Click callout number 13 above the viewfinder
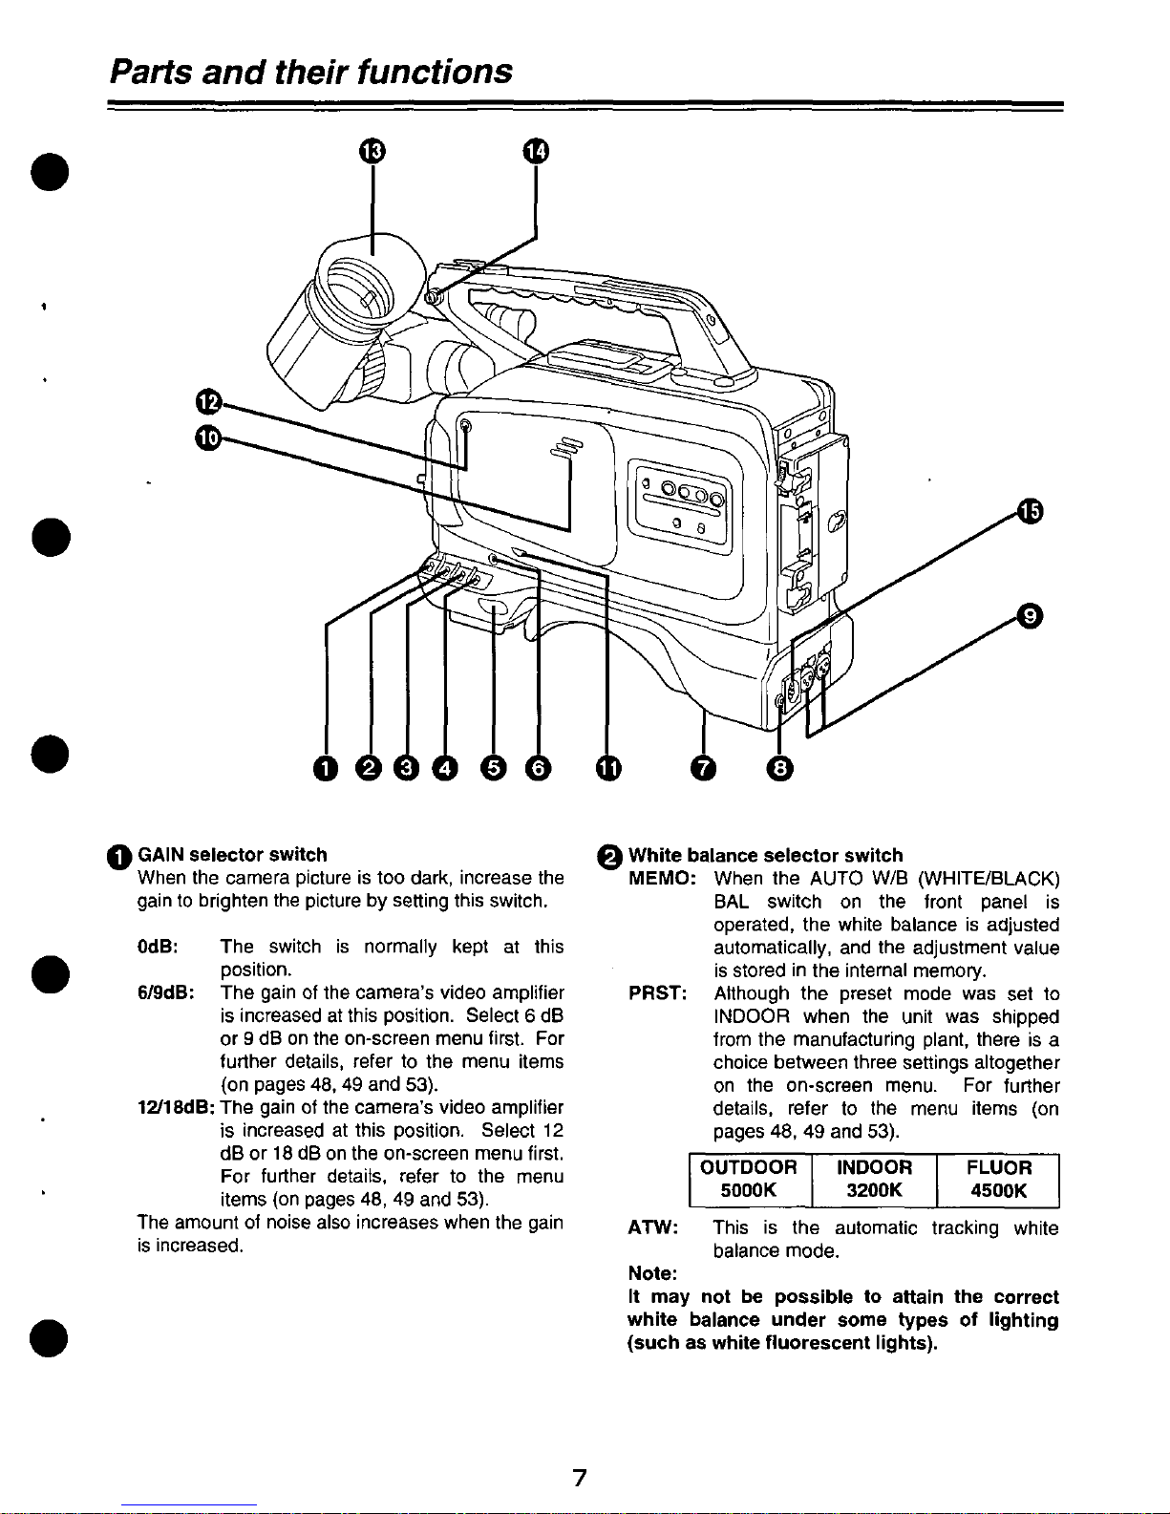[x=372, y=151]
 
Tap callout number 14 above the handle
[x=536, y=151]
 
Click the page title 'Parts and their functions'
[x=311, y=72]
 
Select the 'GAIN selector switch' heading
[x=233, y=854]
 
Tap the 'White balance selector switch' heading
[x=764, y=855]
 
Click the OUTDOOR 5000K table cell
[x=749, y=1180]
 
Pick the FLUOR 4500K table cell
[x=998, y=1180]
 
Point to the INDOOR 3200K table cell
[x=874, y=1180]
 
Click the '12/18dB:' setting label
[x=177, y=1108]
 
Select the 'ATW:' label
[x=652, y=1228]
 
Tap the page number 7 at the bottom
[x=578, y=1479]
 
